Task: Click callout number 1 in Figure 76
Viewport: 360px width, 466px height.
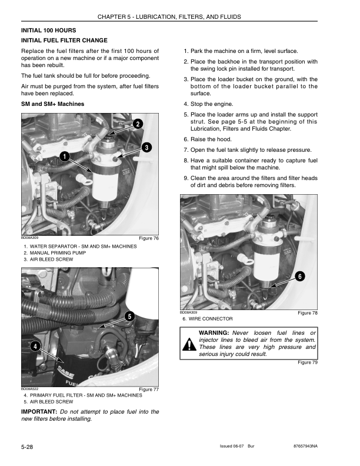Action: pos(63,156)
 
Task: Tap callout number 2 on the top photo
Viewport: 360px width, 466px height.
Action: pos(137,124)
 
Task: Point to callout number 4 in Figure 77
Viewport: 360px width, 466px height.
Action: pos(36,346)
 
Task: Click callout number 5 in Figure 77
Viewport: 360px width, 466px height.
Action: pos(128,317)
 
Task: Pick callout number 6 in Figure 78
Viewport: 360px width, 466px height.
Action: pos(299,276)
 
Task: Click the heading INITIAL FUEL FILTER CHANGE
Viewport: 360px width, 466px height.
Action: pos(64,41)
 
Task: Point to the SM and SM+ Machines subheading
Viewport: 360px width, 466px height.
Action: pos(52,104)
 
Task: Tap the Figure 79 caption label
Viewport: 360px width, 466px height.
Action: pos(308,362)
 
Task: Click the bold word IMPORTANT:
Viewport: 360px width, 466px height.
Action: pos(38,411)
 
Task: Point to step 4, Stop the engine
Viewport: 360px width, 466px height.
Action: pos(211,104)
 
